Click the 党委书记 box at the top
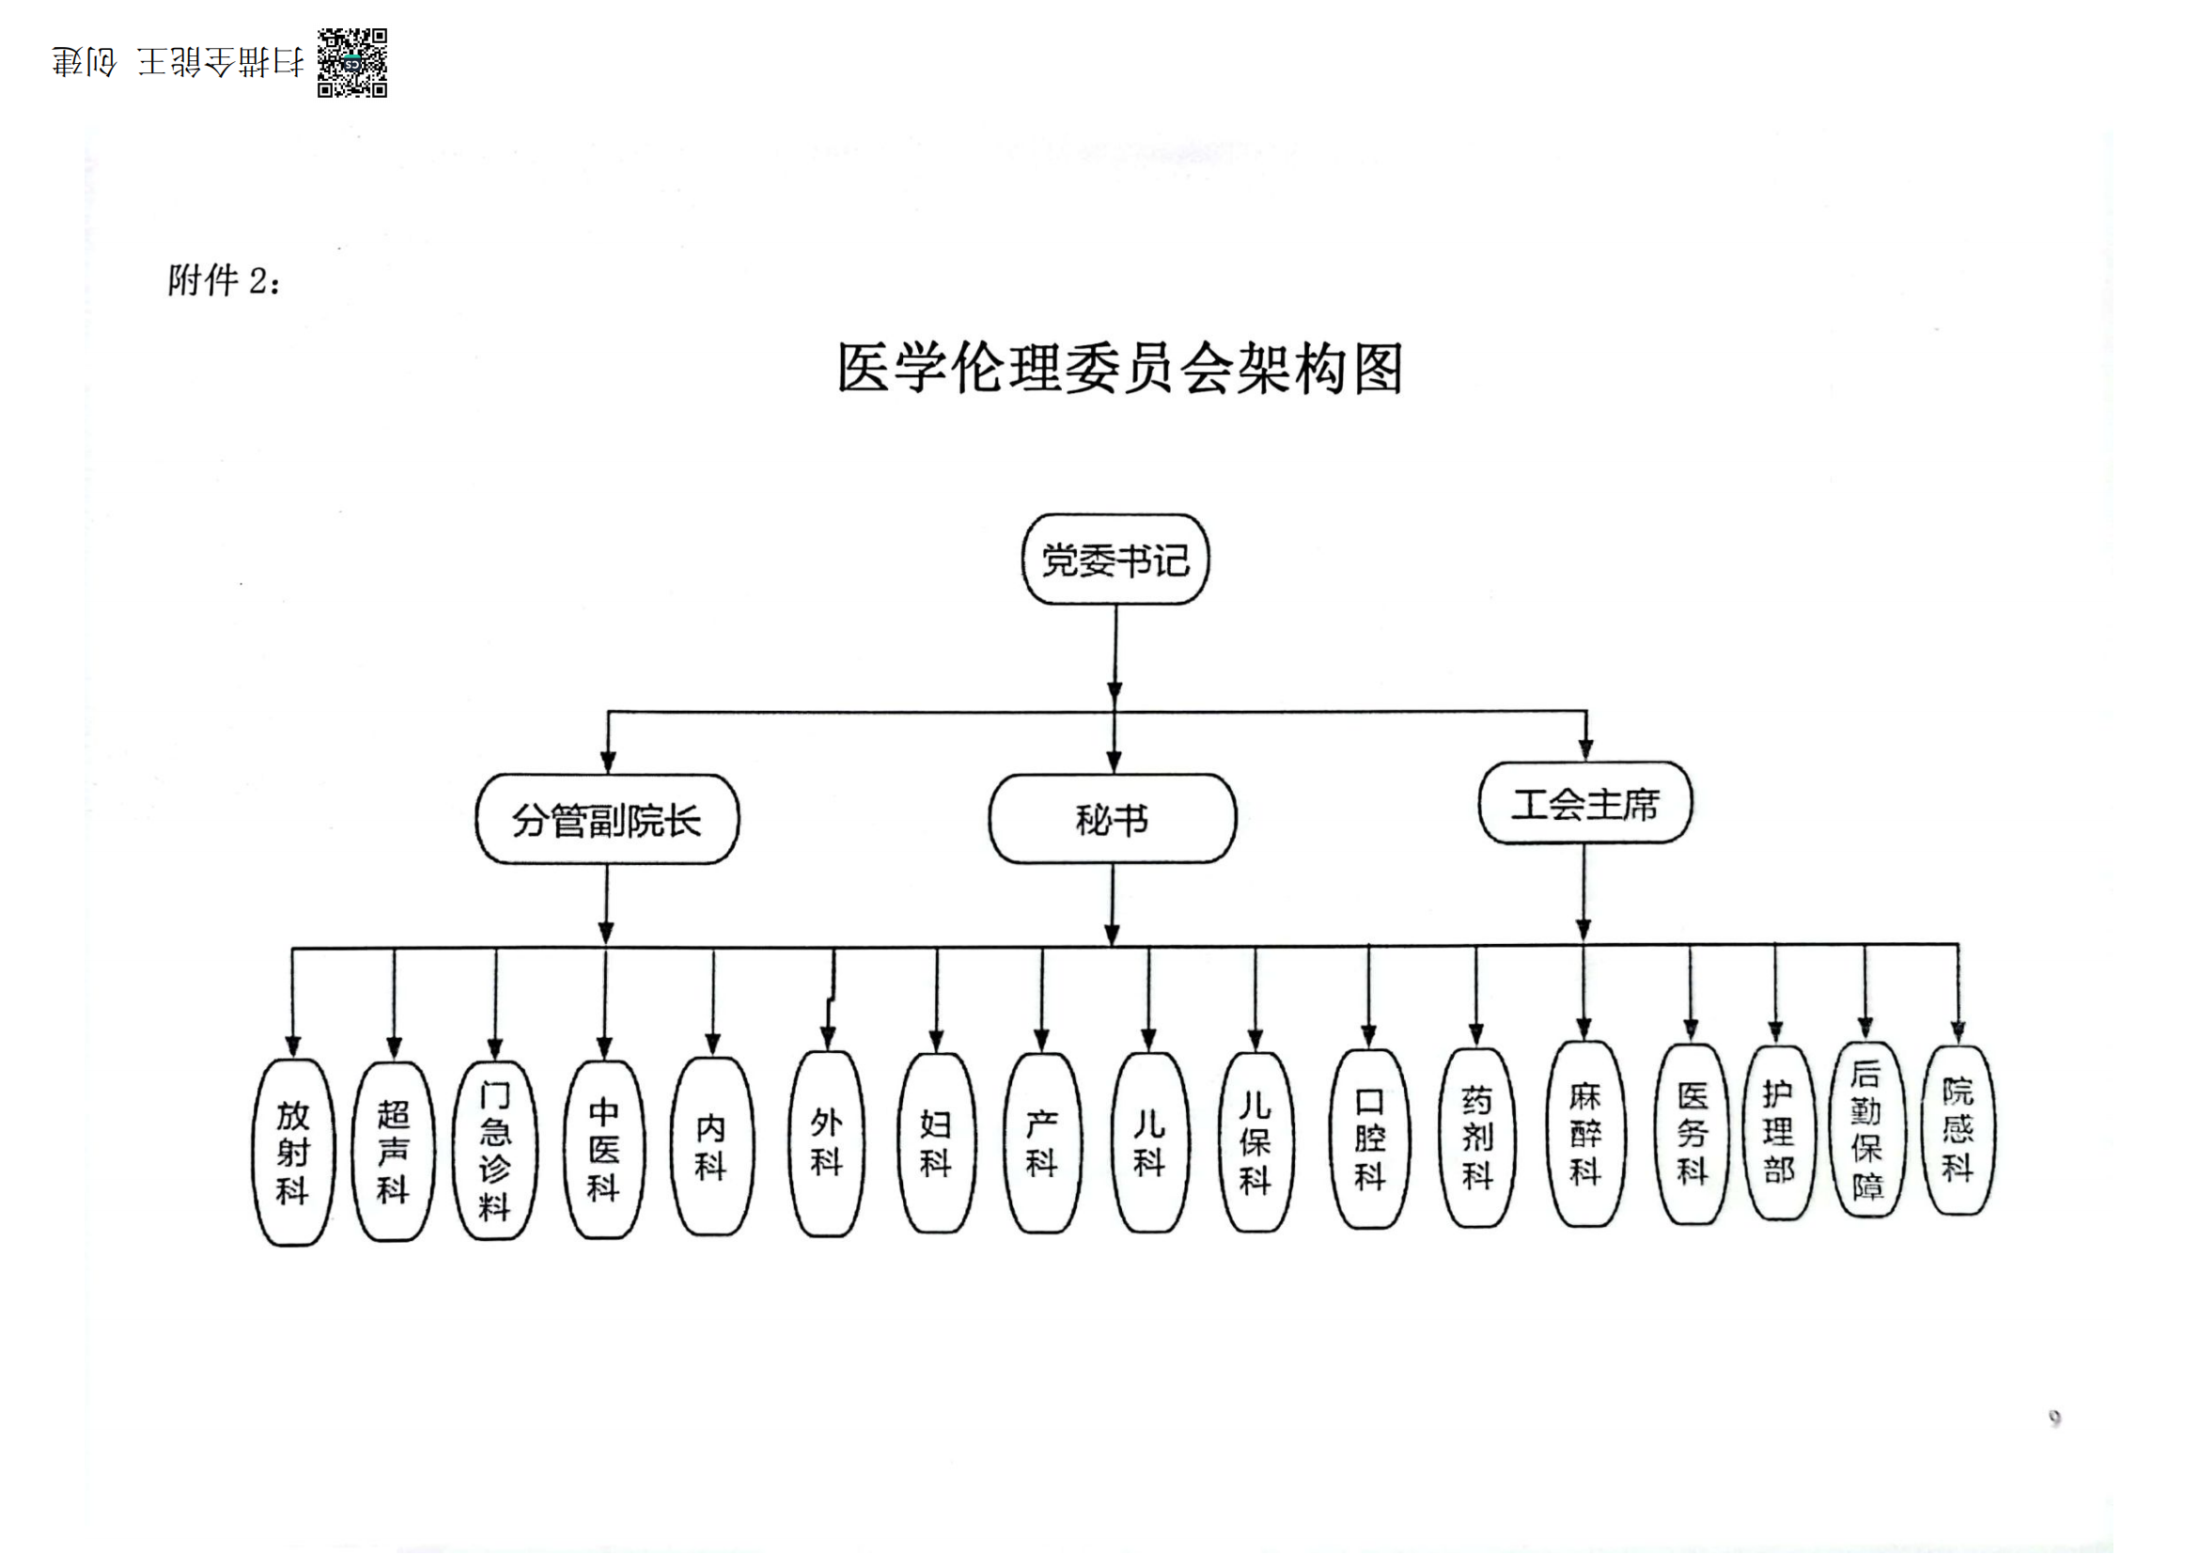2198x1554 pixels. click(x=1115, y=560)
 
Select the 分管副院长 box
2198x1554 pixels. click(x=607, y=821)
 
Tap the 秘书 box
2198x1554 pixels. click(x=1112, y=820)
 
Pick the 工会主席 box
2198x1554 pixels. click(x=1584, y=805)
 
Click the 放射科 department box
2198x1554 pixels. click(x=293, y=1152)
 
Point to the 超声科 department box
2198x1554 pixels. click(x=394, y=1151)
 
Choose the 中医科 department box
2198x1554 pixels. click(x=604, y=1149)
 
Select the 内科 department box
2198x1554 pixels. click(x=711, y=1146)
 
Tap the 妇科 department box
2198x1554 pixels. click(x=936, y=1142)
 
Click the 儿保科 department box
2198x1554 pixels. click(x=1255, y=1142)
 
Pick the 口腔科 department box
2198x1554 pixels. click(x=1369, y=1138)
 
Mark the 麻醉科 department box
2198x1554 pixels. click(x=1584, y=1134)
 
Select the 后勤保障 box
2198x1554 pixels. click(x=1866, y=1130)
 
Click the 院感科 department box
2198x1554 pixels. click(x=1957, y=1130)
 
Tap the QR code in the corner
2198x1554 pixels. click(x=352, y=63)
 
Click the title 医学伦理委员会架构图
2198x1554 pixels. click(x=1119, y=369)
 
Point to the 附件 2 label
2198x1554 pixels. click(x=224, y=280)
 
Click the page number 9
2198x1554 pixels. click(x=2054, y=1417)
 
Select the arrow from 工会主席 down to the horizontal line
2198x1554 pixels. click(x=1583, y=890)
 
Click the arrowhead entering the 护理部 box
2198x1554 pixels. click(x=1776, y=1031)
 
